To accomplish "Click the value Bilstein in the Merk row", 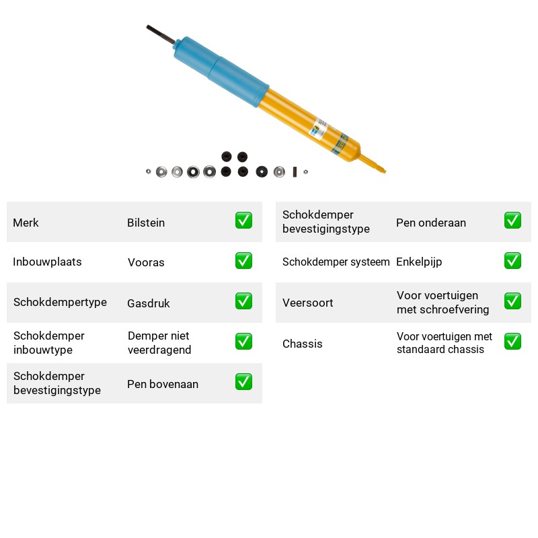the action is click(x=146, y=223).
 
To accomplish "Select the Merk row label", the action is click(x=26, y=223).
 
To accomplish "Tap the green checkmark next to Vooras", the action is click(x=243, y=261).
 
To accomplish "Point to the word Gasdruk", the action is click(x=148, y=303).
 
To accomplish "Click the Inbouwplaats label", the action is click(x=47, y=262).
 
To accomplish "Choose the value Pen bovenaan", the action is click(x=163, y=384).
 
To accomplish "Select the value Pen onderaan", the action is click(x=431, y=223).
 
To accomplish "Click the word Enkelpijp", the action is click(x=419, y=262).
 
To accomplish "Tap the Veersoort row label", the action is click(x=307, y=303).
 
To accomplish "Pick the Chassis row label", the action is click(x=302, y=344).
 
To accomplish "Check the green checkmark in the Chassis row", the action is click(x=512, y=342).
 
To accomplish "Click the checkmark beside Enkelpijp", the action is click(x=512, y=261).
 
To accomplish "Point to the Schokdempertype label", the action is click(x=60, y=302).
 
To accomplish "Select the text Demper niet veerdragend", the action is click(x=159, y=343).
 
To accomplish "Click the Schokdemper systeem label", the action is click(x=336, y=262).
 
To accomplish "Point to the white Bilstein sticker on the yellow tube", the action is click(x=319, y=128).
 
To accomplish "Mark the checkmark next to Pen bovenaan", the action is click(x=243, y=382).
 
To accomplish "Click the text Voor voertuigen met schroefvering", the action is click(x=443, y=302).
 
